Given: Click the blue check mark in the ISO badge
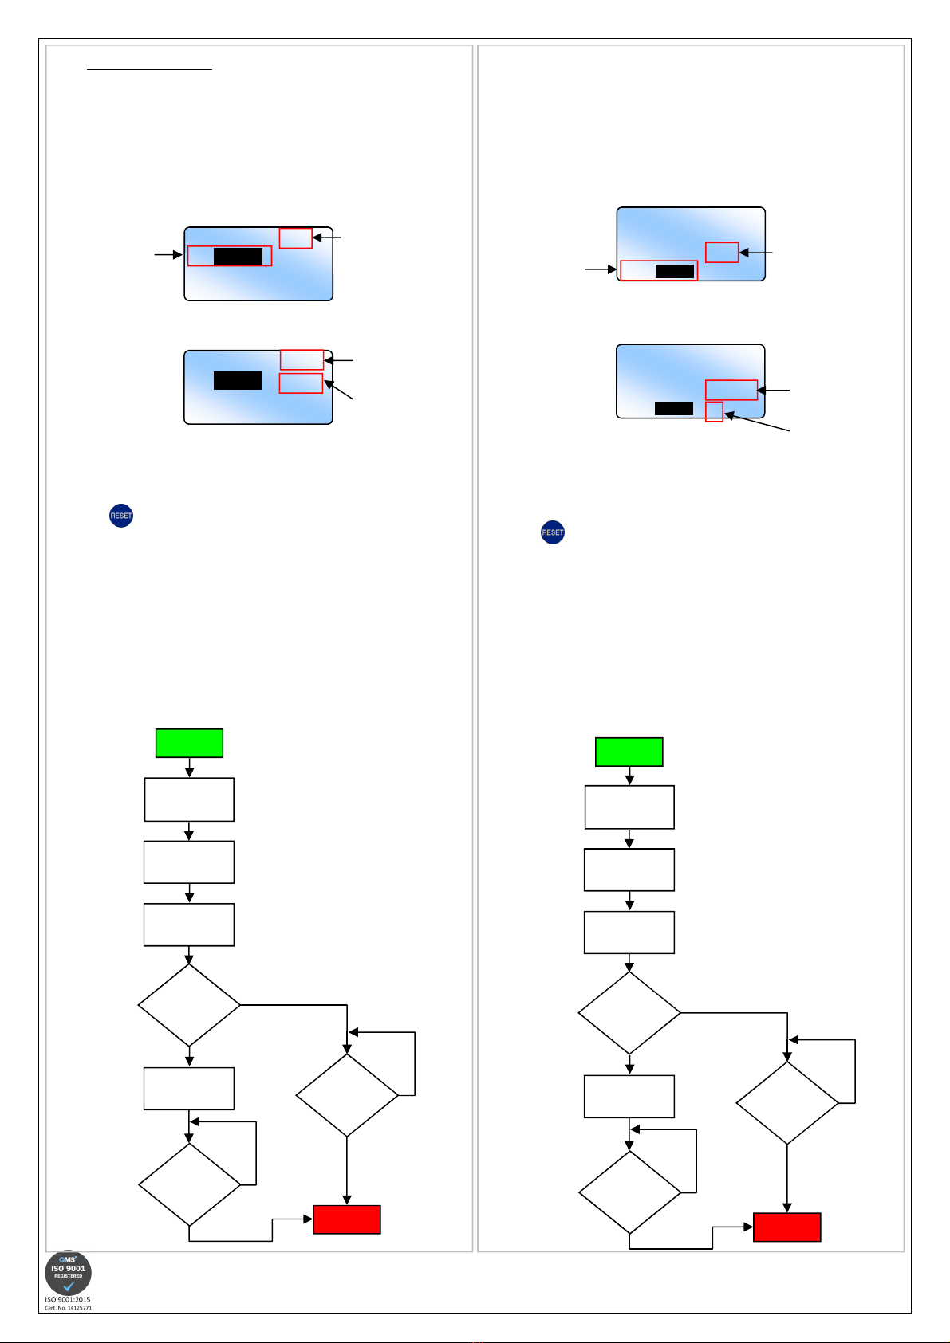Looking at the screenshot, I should (x=69, y=1286).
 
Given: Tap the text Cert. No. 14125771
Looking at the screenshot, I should (x=68, y=1308).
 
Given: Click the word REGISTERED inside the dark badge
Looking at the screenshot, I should (x=68, y=1276).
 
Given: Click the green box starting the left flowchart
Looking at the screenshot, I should (x=189, y=743).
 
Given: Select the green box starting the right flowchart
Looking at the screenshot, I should (x=629, y=752).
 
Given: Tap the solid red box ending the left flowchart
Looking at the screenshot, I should (x=347, y=1219).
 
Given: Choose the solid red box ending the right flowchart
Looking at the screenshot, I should (x=787, y=1227).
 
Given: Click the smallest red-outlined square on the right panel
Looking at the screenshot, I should (x=714, y=412).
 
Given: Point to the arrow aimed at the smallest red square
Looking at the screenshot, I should (x=757, y=423).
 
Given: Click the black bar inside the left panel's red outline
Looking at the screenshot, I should (x=238, y=256).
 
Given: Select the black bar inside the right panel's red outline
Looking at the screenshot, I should (x=674, y=271).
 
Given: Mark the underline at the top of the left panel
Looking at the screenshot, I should (x=149, y=70).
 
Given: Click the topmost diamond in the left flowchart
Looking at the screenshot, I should (x=189, y=1005).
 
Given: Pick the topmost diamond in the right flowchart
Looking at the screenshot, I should (x=629, y=1013).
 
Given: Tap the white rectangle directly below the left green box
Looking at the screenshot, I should (x=189, y=799).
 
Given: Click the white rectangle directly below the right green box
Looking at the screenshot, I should (x=629, y=807).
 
